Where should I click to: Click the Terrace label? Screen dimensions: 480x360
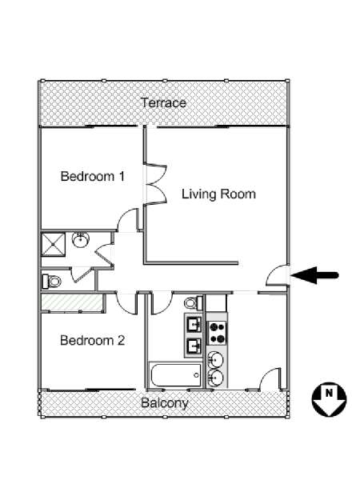164,102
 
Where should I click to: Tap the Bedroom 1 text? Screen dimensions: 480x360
92,176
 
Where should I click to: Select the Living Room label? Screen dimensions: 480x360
218,194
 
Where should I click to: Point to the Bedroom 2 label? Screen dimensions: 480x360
93,340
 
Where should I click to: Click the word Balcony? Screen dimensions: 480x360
164,402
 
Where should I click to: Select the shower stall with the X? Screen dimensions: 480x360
54,242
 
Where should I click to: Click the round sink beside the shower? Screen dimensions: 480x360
80,240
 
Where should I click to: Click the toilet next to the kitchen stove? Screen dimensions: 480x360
191,303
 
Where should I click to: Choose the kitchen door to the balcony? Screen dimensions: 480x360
272,378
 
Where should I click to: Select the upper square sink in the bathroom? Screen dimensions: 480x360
193,324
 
